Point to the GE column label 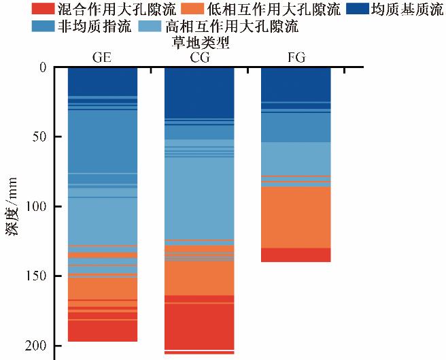point(102,57)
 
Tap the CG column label point(199,57)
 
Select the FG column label point(296,57)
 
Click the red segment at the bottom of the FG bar point(296,255)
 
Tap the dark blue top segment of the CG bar point(199,92)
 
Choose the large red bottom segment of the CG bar point(199,327)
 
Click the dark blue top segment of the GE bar point(102,81)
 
